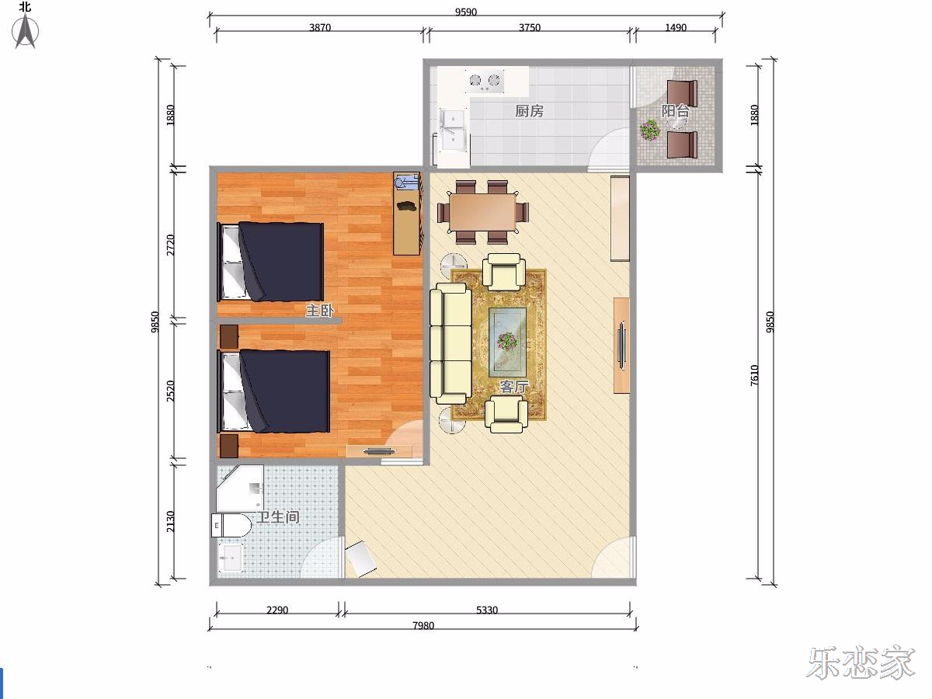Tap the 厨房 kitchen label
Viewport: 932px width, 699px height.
pyautogui.click(x=529, y=111)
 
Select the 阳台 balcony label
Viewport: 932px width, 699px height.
pyautogui.click(x=675, y=111)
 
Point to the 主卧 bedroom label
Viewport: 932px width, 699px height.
pyautogui.click(x=320, y=311)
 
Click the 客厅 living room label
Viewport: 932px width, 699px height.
pyautogui.click(x=514, y=386)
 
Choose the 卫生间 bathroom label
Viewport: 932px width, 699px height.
pyautogui.click(x=278, y=517)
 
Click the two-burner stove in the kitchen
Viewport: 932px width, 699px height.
pyautogui.click(x=485, y=81)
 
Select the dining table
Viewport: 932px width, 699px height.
pyautogui.click(x=483, y=212)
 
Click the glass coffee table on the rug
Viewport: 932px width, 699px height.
pyautogui.click(x=508, y=342)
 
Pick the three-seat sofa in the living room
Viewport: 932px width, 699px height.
pyautogui.click(x=450, y=344)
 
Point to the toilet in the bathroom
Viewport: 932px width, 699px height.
pyautogui.click(x=231, y=526)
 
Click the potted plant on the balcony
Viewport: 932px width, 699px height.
pyautogui.click(x=650, y=129)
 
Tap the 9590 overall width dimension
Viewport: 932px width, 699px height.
pyautogui.click(x=466, y=12)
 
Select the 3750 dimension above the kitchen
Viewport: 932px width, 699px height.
pyautogui.click(x=530, y=28)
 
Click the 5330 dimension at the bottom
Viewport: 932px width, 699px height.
pyautogui.click(x=487, y=610)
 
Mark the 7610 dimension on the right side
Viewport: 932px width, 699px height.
pyautogui.click(x=754, y=375)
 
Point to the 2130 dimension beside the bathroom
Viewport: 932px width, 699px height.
pyautogui.click(x=170, y=522)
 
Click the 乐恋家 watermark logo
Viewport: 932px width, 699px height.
pyautogui.click(x=861, y=663)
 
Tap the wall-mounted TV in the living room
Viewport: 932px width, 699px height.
pyautogui.click(x=622, y=346)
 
